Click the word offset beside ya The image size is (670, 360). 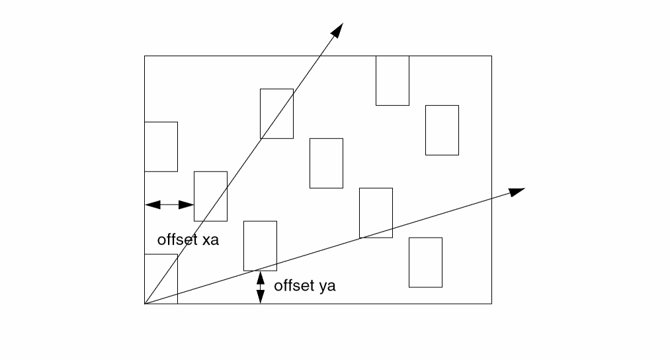point(294,287)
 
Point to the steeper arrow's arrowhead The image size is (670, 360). point(339,28)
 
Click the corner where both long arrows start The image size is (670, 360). point(145,304)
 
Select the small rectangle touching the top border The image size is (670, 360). point(392,81)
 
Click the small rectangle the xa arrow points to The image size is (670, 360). point(210,196)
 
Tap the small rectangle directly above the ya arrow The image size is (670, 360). point(260,246)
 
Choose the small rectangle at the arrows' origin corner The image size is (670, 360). point(161,279)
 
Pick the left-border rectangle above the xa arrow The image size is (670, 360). point(161,146)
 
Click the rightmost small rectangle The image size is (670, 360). point(442,130)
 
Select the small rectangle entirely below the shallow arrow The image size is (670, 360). point(425,262)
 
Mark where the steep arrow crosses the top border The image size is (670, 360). point(319,56)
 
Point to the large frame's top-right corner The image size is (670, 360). point(491,56)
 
